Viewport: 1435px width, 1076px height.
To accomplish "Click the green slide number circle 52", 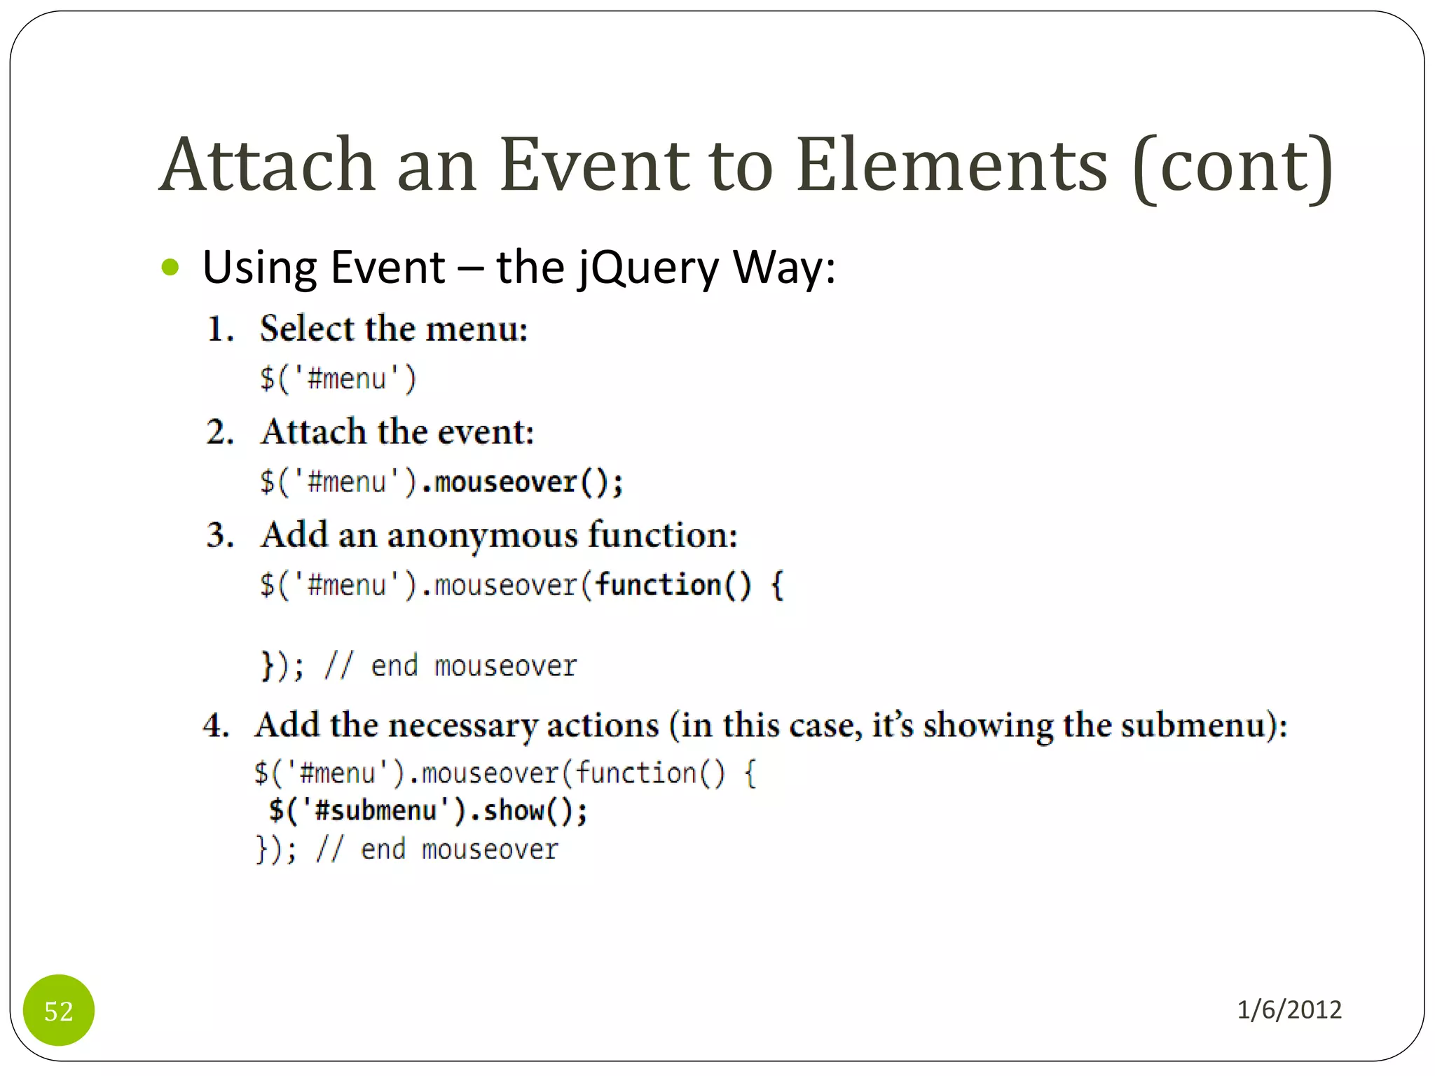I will (59, 1010).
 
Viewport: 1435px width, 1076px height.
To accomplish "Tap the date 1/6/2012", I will (1289, 1009).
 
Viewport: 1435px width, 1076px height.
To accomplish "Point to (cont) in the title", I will (1233, 167).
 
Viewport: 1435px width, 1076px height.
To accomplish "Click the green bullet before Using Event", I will (170, 268).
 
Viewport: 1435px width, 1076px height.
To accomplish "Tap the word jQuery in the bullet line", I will (649, 269).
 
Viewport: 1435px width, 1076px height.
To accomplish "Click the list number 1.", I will (219, 329).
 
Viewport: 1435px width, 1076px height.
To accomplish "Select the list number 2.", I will (219, 432).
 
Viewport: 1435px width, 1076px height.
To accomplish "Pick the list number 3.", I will (219, 536).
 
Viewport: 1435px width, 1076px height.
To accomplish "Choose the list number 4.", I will (216, 726).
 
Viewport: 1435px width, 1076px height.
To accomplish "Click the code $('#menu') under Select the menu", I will (338, 379).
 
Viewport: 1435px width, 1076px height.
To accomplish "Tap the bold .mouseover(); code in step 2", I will (522, 483).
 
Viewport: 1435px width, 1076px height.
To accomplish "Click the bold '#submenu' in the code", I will (376, 811).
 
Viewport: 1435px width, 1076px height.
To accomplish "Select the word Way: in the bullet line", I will (784, 268).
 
